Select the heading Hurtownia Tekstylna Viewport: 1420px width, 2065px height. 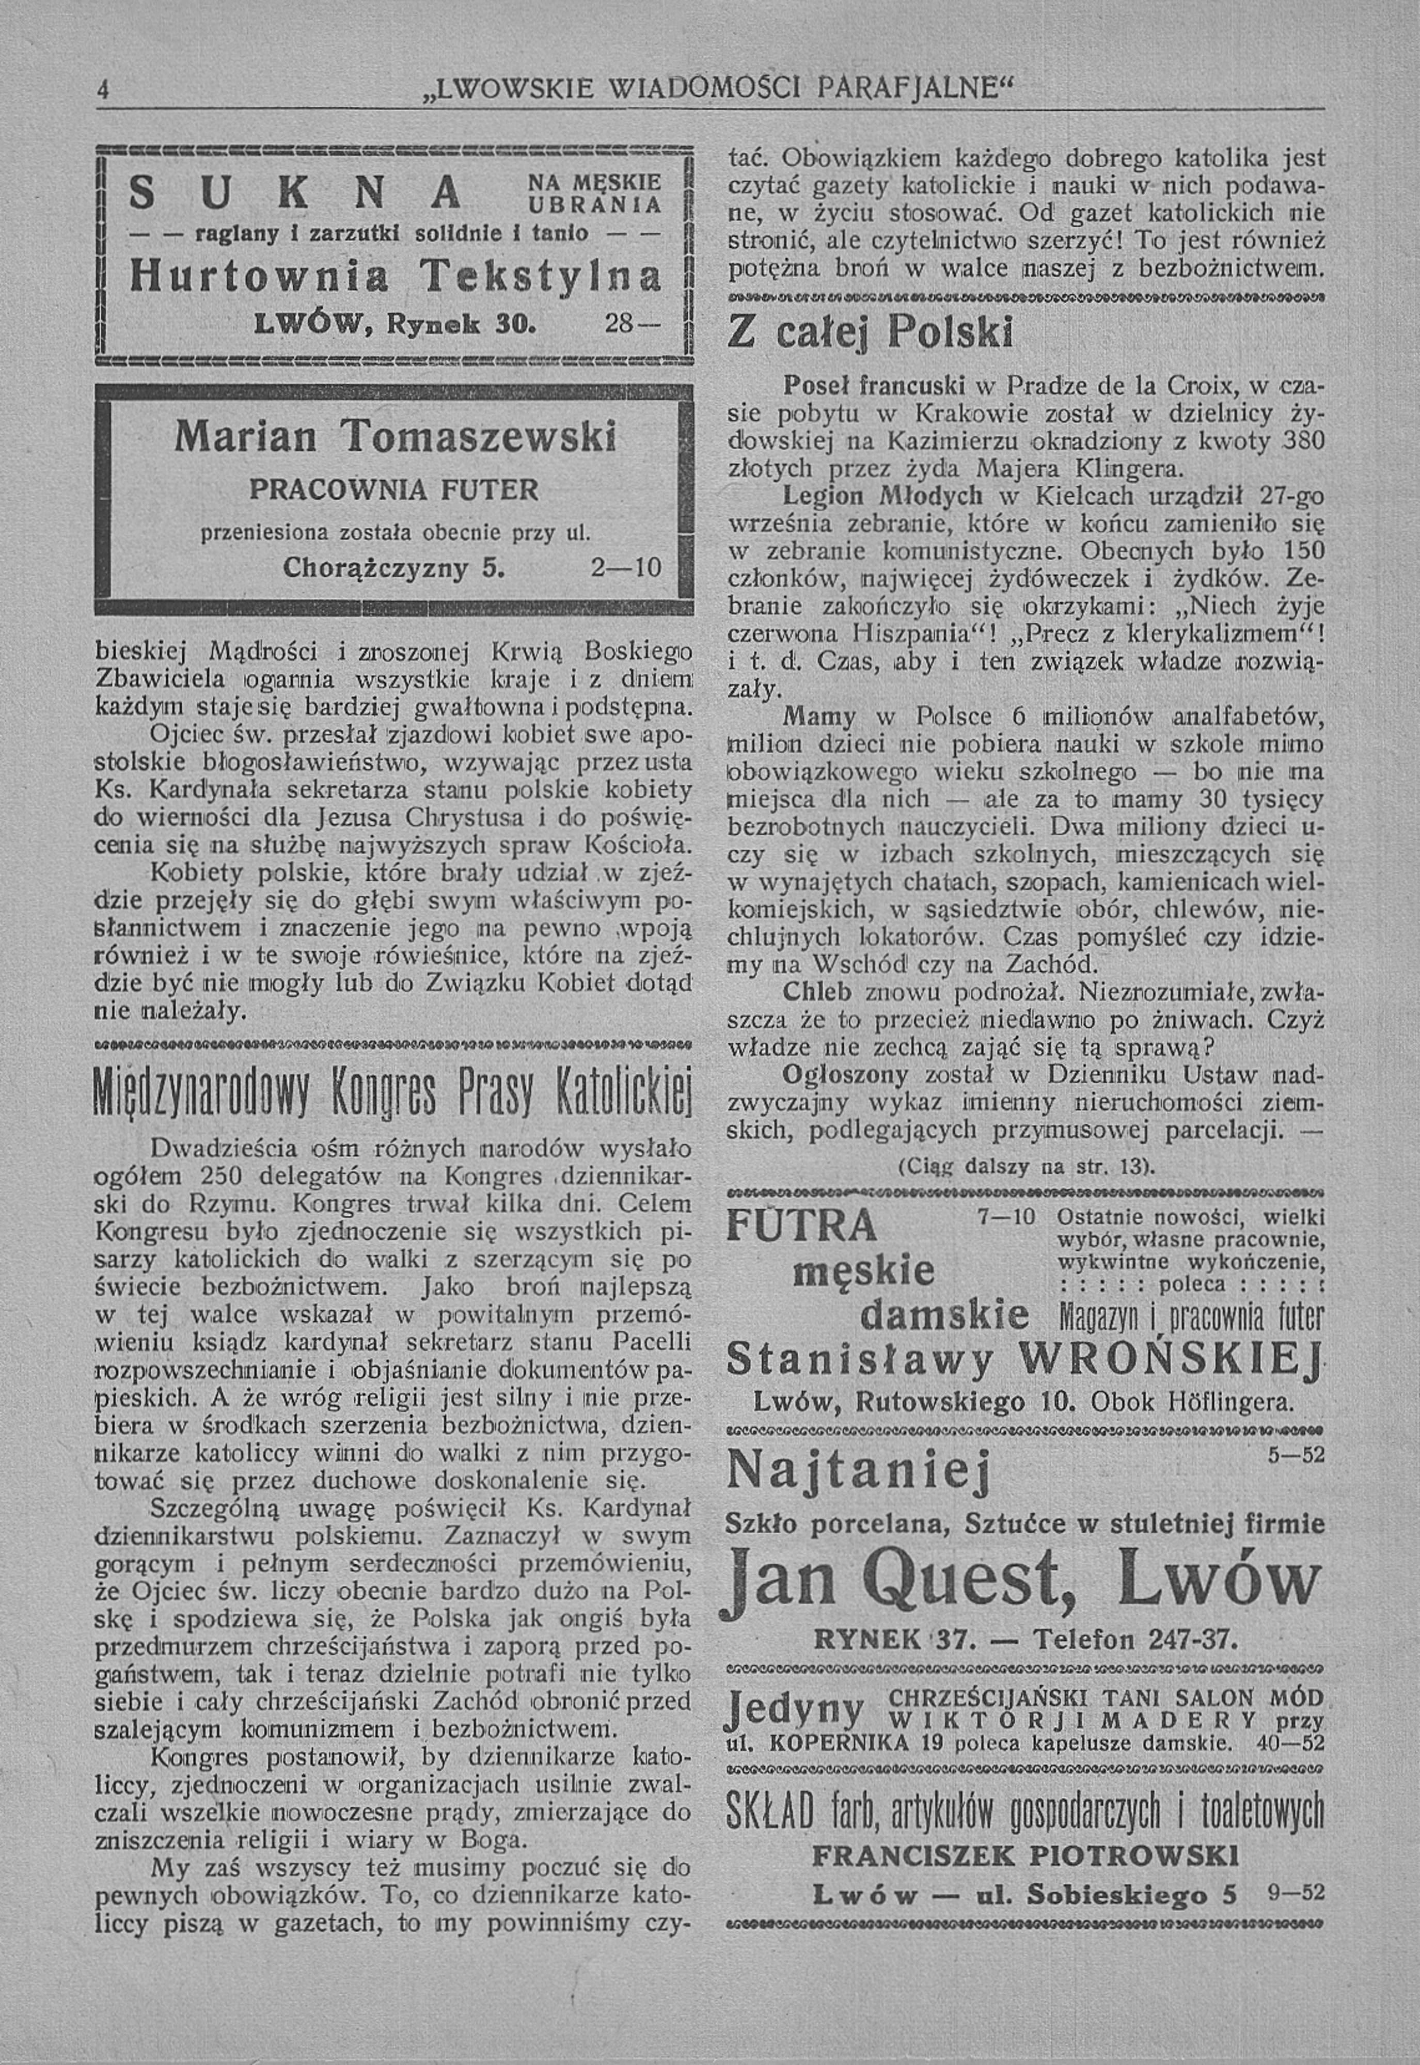pyautogui.click(x=395, y=277)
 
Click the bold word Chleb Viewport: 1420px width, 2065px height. pyautogui.click(x=814, y=992)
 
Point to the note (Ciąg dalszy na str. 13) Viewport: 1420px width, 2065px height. pyautogui.click(x=1026, y=1166)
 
